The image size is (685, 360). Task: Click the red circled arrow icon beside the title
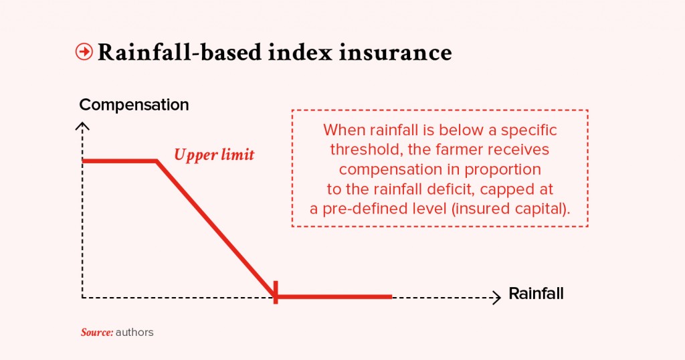coord(84,52)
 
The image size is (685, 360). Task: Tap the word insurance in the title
coord(395,52)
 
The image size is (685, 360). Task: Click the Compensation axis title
coord(134,105)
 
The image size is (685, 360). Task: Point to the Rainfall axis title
coord(536,294)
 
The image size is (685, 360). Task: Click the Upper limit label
coord(214,155)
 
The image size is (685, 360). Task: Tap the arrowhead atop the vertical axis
coord(82,126)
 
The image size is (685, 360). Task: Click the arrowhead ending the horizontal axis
coord(497,298)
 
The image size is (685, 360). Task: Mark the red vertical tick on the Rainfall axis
coord(275,292)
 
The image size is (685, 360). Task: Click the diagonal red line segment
coord(216,229)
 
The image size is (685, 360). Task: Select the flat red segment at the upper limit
coord(119,161)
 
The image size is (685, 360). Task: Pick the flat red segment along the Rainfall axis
coord(334,297)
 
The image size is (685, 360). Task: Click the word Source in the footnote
coord(97,333)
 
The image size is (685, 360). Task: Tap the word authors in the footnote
coord(134,333)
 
